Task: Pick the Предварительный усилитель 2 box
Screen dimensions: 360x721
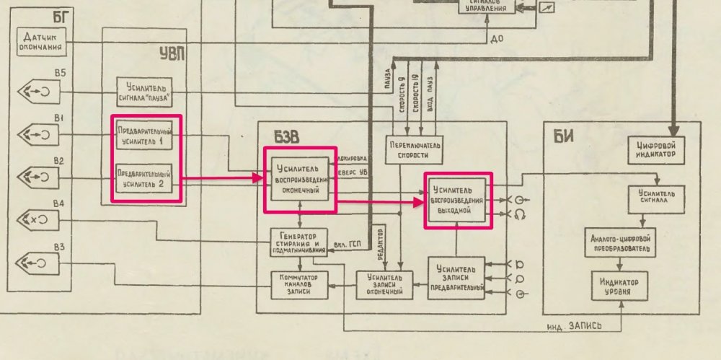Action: click(x=144, y=177)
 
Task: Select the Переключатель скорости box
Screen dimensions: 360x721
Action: click(x=414, y=149)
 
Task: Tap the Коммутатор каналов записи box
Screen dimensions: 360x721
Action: click(x=298, y=283)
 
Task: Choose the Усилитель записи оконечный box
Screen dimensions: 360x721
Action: click(x=388, y=283)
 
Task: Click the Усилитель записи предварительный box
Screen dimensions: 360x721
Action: click(x=456, y=277)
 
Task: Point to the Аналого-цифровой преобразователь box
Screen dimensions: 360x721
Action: click(x=620, y=243)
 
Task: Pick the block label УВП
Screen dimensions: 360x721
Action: click(x=171, y=52)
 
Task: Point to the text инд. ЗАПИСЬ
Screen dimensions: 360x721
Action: click(x=575, y=325)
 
